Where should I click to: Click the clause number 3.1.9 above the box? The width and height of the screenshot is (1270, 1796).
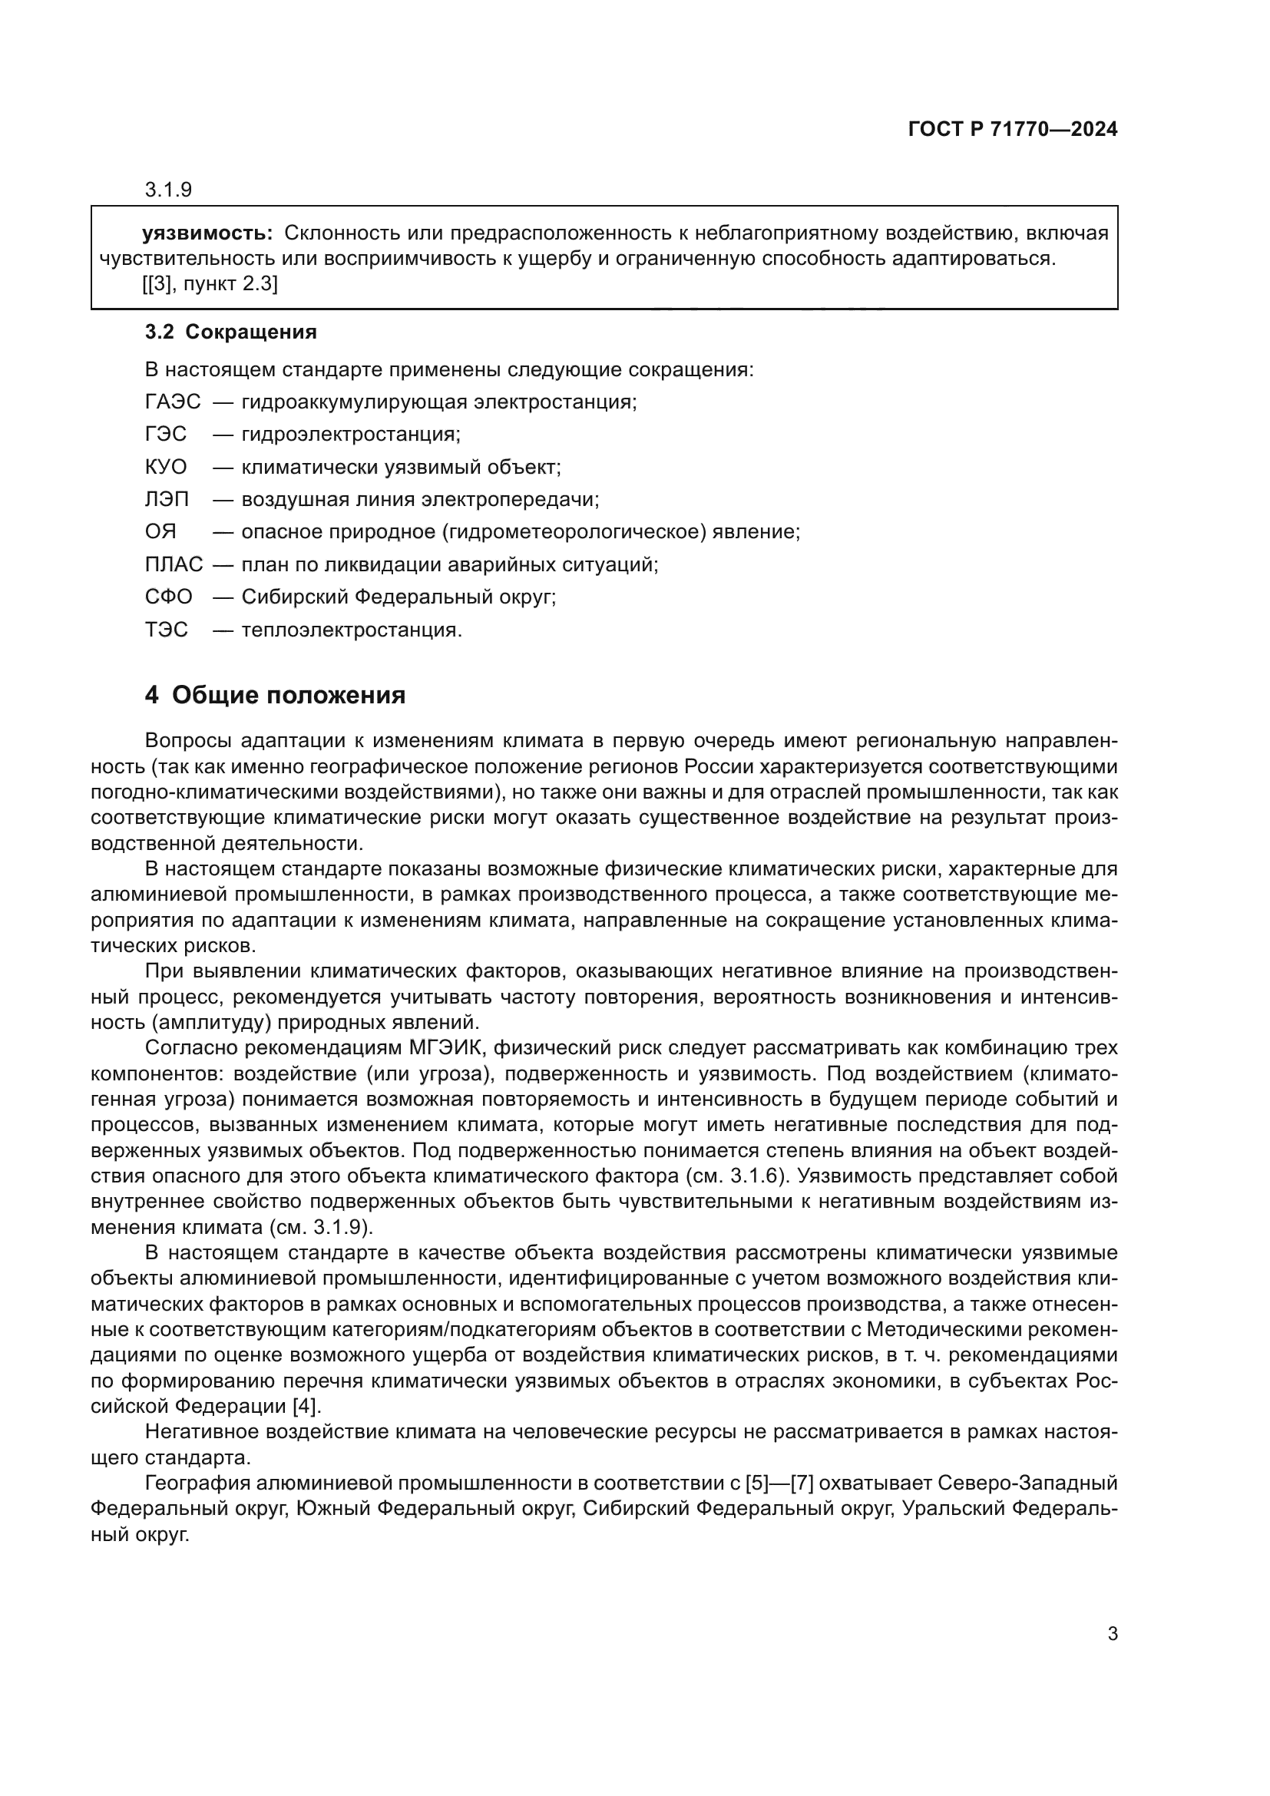coord(168,190)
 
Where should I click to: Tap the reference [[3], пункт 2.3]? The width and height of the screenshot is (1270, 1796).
coord(210,283)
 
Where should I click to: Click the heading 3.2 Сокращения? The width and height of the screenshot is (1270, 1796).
coord(230,332)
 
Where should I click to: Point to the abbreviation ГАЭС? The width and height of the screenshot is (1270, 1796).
coord(172,402)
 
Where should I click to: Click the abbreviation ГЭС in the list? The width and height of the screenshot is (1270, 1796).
coord(165,434)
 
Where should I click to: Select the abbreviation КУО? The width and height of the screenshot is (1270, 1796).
coord(166,467)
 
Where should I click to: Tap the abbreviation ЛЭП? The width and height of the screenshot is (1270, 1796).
coord(167,499)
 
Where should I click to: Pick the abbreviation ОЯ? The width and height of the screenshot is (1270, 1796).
coord(160,532)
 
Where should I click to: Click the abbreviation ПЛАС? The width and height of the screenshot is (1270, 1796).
coord(174,564)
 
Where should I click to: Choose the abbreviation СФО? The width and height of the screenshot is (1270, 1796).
coord(168,597)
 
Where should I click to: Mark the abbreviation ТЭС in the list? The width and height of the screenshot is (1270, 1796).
coord(166,630)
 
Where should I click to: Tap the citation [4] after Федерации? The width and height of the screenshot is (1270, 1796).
coord(306,1406)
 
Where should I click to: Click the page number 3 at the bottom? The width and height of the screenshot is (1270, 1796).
coord(1112,1633)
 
